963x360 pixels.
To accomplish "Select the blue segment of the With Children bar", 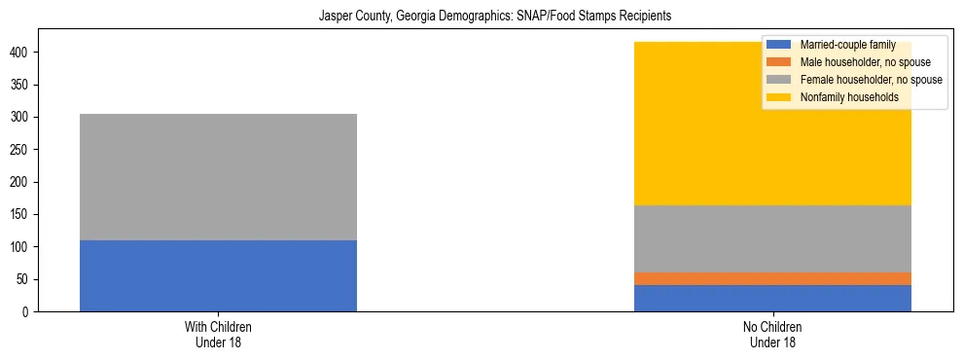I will [x=218, y=275].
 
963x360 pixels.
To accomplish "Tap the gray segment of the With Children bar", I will [x=218, y=177].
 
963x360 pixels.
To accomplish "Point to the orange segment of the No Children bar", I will [x=772, y=278].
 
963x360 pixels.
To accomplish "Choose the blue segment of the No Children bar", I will [x=772, y=298].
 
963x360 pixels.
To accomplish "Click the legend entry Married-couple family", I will [x=844, y=45].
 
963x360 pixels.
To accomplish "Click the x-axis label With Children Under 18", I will [x=218, y=335].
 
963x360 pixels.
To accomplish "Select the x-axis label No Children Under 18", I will [x=772, y=335].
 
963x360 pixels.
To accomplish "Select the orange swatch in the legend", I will [x=779, y=62].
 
